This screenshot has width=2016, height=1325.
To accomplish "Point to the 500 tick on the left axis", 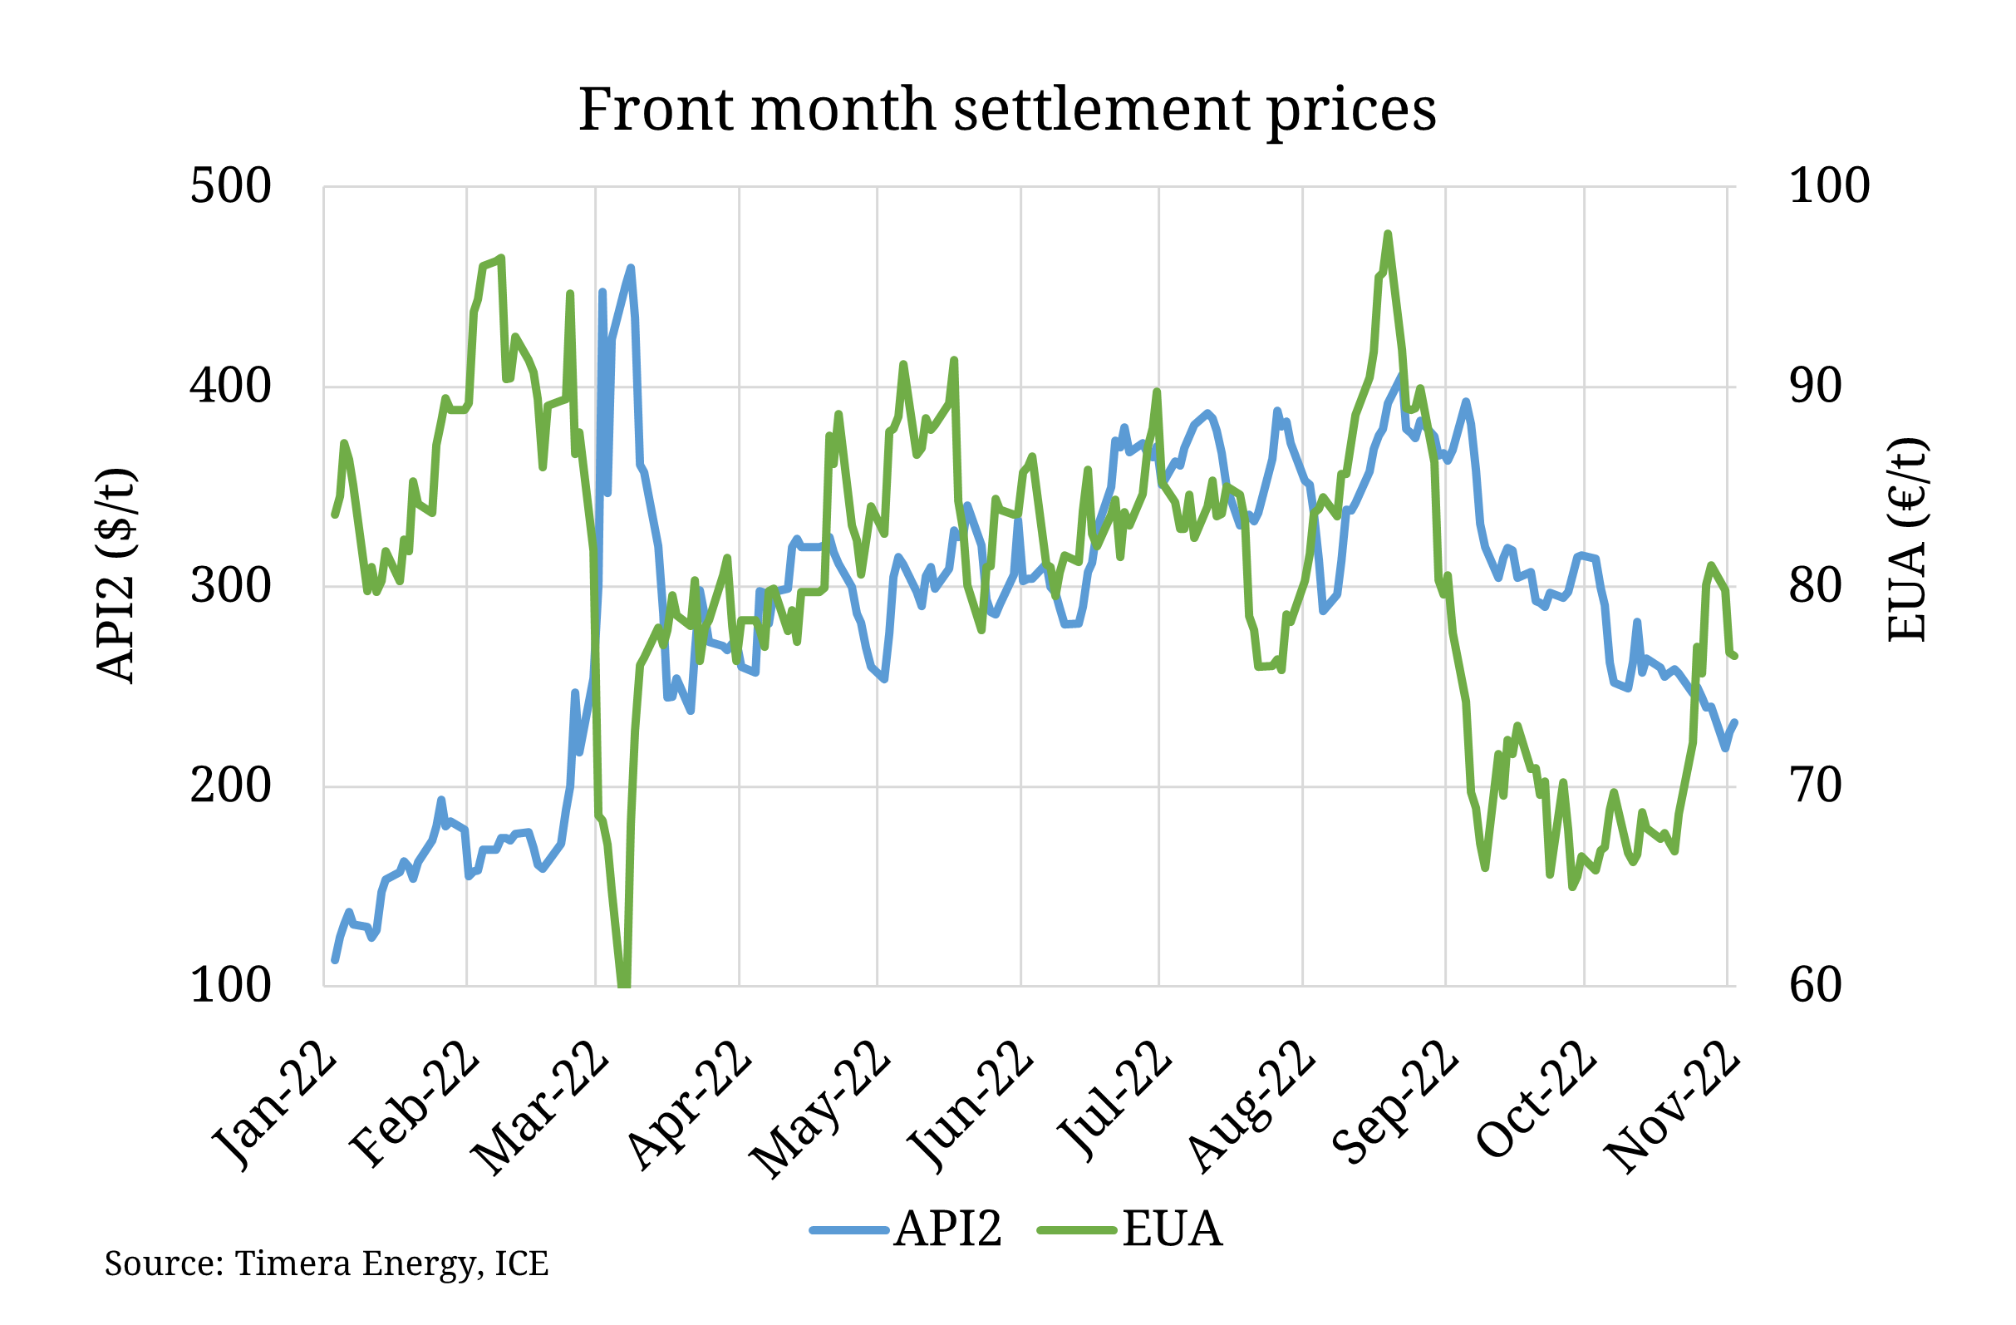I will (230, 186).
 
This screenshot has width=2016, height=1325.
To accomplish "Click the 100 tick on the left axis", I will (230, 985).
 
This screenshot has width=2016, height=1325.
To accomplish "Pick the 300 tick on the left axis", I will (230, 586).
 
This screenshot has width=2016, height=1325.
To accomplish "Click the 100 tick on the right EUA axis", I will (1828, 186).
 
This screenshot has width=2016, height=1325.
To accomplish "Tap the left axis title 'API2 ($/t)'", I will (116, 576).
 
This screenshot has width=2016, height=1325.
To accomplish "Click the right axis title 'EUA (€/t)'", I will (1908, 540).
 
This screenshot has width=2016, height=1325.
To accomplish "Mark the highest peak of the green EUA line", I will (1388, 234).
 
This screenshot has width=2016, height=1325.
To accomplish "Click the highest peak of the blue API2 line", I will (631, 268).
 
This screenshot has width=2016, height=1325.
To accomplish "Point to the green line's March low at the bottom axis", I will (624, 983).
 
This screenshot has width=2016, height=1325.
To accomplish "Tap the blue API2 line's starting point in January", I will (335, 960).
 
